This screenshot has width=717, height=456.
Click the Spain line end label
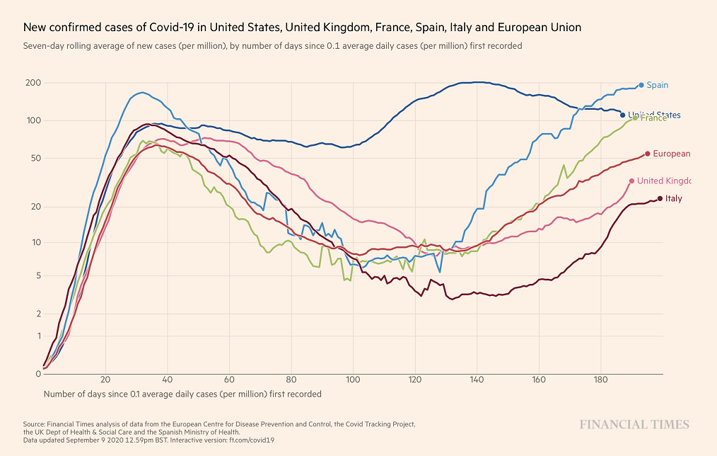(658, 85)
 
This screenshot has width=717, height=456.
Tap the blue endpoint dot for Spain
(641, 85)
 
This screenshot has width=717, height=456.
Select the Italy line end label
(674, 199)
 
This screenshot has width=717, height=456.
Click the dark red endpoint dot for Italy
(660, 198)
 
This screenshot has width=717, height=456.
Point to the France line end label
(654, 118)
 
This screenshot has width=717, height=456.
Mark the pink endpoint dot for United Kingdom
(631, 181)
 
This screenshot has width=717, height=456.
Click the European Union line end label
(671, 154)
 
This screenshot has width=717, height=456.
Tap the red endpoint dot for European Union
(648, 154)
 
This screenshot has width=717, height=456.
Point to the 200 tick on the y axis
(33, 84)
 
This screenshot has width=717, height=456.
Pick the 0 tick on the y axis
(38, 373)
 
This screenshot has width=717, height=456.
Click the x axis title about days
(182, 394)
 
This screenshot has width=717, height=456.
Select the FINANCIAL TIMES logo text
(634, 425)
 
